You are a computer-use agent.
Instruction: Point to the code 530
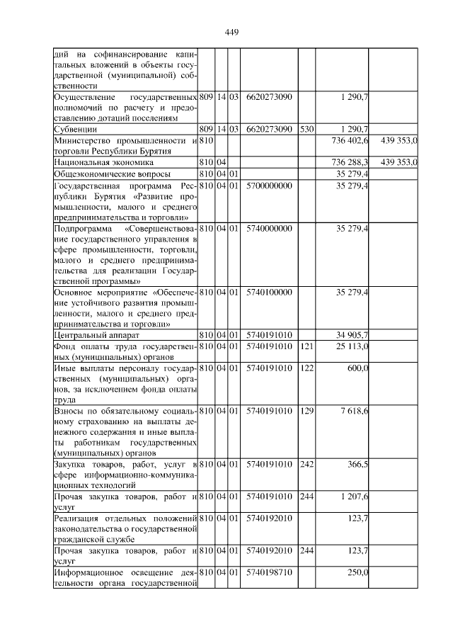306,129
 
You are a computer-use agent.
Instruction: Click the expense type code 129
306,411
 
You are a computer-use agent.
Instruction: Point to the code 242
306,465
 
